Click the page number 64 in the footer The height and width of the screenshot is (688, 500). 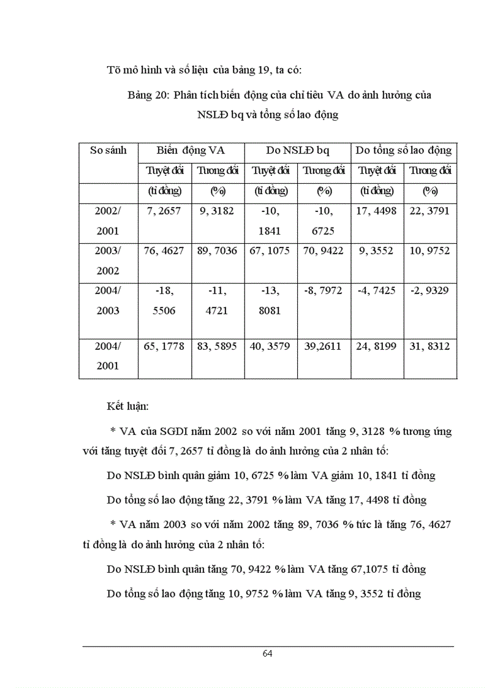click(x=267, y=654)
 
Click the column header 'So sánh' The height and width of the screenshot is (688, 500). click(x=108, y=151)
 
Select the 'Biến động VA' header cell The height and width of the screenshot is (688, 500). click(x=191, y=151)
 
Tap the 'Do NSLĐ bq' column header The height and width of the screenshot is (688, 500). click(x=297, y=151)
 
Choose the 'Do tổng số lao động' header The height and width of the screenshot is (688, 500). click(x=404, y=151)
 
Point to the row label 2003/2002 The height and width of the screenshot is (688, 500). click(x=108, y=261)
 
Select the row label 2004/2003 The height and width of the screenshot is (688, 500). click(x=108, y=300)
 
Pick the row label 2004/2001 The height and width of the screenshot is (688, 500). click(x=108, y=356)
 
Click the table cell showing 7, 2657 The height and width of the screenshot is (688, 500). click(x=164, y=211)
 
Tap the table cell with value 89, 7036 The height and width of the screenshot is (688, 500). click(x=217, y=251)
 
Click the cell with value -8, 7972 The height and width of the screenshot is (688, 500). click(x=324, y=290)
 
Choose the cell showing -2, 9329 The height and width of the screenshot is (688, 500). click(x=430, y=290)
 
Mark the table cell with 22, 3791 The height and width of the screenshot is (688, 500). click(x=430, y=211)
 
